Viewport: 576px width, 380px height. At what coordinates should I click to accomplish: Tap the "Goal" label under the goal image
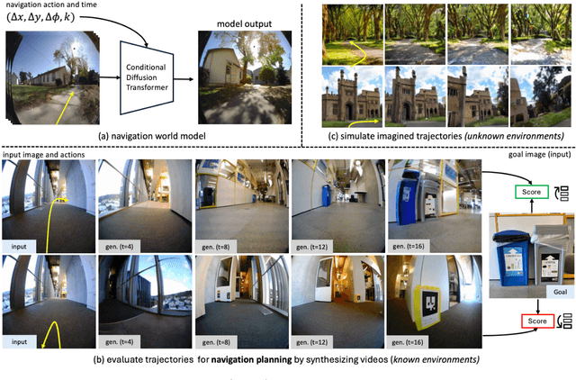click(x=533, y=293)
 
